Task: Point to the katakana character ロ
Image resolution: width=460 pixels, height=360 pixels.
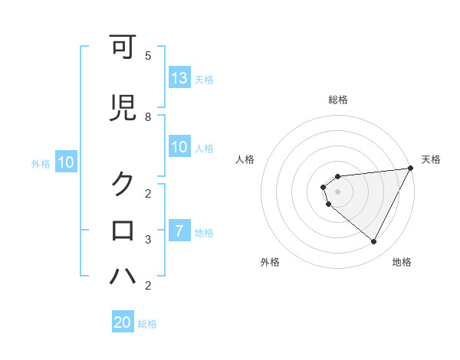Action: point(123,230)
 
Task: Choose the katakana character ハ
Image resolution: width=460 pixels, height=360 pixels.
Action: point(123,276)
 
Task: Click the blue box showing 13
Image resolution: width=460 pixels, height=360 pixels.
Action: point(179,78)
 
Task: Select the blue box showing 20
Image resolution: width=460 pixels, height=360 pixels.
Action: point(123,323)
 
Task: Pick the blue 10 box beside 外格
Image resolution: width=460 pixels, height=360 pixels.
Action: point(66,162)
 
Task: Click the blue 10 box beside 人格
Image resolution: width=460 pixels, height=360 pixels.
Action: point(179,148)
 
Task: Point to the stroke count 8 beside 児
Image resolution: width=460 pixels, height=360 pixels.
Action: point(148,116)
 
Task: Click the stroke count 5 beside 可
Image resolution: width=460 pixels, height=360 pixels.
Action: point(148,56)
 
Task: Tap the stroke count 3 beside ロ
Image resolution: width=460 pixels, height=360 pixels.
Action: point(148,239)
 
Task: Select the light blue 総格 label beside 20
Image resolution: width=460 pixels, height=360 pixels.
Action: point(147,324)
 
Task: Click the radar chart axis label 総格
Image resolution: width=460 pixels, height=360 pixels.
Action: point(337,100)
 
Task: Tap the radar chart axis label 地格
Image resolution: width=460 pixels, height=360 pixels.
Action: point(402,263)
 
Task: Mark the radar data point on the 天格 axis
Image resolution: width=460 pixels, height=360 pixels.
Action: point(411,168)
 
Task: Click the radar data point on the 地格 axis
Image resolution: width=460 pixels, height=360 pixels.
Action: point(373,242)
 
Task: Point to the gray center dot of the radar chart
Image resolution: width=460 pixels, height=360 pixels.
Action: point(337,191)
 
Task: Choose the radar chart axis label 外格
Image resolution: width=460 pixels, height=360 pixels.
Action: point(270,263)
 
